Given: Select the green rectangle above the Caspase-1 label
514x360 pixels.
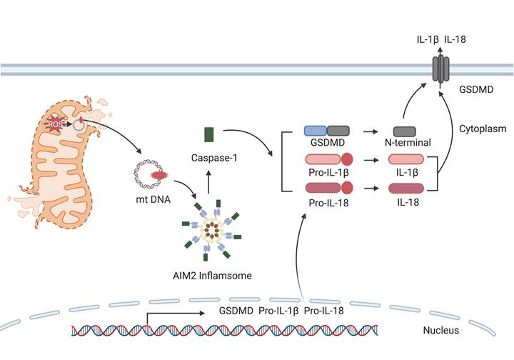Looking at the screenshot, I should (x=209, y=134).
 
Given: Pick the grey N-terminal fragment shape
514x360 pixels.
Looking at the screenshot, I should (x=405, y=131).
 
